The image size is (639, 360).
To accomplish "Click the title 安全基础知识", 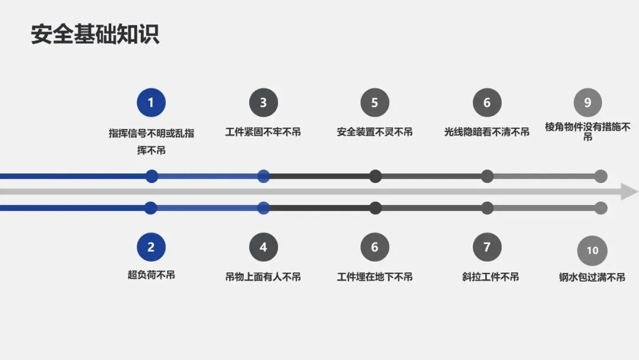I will point(95,34).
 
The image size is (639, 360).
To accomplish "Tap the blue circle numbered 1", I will point(151,102).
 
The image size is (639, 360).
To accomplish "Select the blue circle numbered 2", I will point(151,247).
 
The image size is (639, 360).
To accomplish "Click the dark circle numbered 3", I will point(263,102).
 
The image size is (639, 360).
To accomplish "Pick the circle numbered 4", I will point(263,247).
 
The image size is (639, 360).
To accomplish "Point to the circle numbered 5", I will point(375,102).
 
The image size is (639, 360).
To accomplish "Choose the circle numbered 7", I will point(487,247).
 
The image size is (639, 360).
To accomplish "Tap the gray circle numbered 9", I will point(588,102).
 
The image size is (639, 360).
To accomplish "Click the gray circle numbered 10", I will point(592,250).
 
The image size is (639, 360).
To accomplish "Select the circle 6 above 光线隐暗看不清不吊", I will point(487,102).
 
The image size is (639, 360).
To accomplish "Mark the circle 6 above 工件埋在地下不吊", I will point(375,247).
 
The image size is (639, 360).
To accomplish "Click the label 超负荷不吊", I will point(151,275).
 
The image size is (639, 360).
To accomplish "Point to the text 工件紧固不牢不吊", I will point(263,132).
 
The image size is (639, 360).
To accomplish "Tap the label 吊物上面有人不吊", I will point(263,277).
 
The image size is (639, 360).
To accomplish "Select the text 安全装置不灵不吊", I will point(375,132).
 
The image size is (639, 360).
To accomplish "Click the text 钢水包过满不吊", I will point(592,277).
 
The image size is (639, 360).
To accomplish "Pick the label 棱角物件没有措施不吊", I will point(588,131).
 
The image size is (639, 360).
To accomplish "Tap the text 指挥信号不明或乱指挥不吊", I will point(151,141).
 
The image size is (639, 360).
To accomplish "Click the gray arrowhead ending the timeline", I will point(629,192).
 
